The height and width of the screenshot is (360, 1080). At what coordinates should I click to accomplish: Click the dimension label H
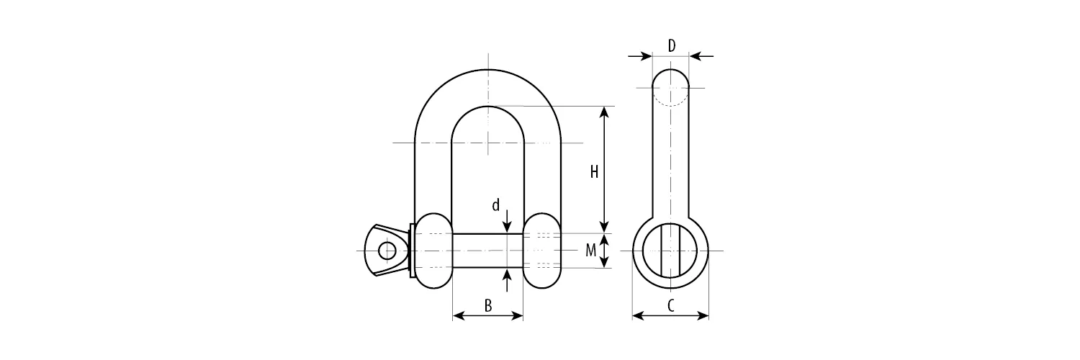point(594,172)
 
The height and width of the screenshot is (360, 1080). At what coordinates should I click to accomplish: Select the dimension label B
point(488,305)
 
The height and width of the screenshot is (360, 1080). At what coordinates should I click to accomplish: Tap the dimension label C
point(670,305)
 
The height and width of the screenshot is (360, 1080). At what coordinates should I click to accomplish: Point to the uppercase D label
point(672,46)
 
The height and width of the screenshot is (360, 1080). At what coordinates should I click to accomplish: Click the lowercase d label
point(495,205)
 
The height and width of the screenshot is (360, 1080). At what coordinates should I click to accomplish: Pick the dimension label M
point(590,250)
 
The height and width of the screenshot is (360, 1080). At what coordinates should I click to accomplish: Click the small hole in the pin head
point(387,251)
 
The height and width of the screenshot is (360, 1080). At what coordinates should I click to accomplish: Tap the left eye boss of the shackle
point(434,251)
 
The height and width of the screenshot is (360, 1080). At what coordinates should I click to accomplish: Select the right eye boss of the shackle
point(543,251)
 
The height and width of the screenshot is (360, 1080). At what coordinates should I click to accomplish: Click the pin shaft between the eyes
point(488,251)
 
